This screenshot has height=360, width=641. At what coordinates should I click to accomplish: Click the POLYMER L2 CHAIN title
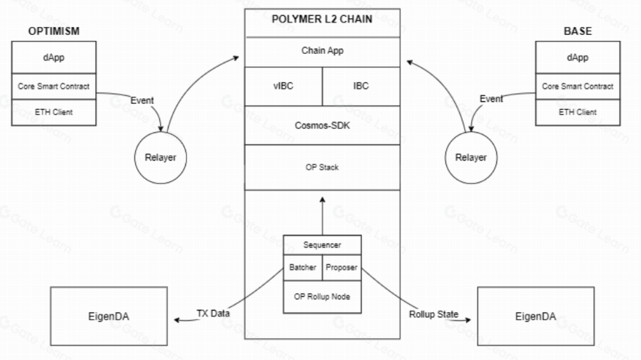point(322,20)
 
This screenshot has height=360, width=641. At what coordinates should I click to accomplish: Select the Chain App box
point(322,52)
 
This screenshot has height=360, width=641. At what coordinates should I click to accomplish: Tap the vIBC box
point(283,86)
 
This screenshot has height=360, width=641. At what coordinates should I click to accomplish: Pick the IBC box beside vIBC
point(360,86)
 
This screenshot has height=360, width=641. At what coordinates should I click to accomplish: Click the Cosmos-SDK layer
point(322,125)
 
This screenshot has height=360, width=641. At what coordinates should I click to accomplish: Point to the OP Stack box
point(322,167)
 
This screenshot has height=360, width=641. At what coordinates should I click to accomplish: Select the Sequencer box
point(322,246)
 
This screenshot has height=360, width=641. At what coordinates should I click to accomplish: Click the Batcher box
point(302,268)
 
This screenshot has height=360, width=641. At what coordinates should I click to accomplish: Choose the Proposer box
point(342,268)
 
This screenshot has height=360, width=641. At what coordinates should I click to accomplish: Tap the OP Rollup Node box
point(322,297)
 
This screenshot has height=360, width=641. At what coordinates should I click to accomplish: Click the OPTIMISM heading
point(53,31)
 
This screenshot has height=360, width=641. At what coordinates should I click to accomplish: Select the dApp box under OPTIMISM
point(54,57)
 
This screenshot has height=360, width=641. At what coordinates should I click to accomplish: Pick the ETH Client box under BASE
point(577,112)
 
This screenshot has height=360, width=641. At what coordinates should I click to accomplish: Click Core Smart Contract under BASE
point(577,86)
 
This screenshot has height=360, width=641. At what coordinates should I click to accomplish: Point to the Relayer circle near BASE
point(471,158)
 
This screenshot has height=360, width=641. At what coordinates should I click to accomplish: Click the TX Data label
point(212,314)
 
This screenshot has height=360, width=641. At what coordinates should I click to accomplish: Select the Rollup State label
point(435,314)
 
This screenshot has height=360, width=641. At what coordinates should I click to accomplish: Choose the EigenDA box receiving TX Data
point(110,317)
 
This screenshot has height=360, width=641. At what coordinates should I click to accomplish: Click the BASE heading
point(578,31)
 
